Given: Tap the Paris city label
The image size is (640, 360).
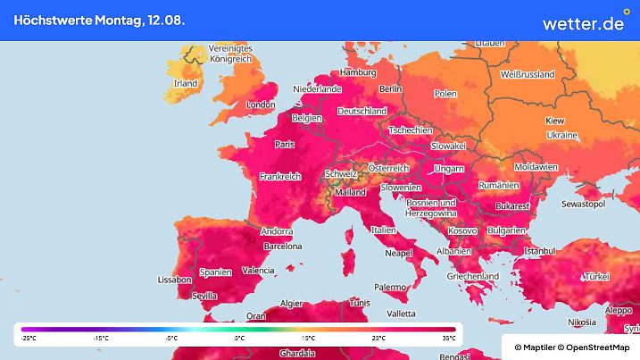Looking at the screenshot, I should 285,144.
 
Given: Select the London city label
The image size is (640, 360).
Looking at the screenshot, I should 260,105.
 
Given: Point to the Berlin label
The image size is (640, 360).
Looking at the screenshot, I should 391,89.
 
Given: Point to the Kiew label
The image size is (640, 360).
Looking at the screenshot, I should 554,120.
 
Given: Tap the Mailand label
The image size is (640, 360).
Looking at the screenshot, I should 349,192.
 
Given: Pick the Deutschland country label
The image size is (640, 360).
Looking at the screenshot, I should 362,112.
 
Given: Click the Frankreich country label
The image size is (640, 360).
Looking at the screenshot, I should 279,177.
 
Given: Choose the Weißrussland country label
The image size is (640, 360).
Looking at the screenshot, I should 528,74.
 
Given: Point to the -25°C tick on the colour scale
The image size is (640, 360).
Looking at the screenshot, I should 29,339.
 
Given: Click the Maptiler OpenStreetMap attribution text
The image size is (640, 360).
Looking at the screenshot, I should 571,347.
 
